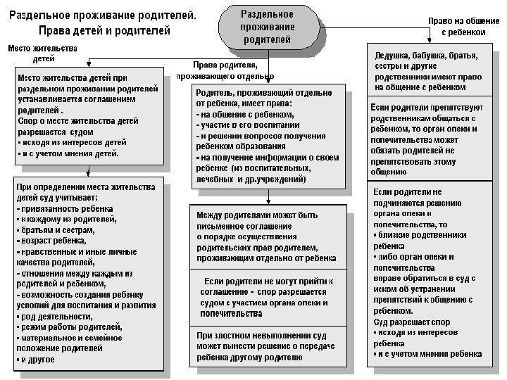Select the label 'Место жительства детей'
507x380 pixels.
pyautogui.click(x=42, y=54)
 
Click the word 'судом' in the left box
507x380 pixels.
pyautogui.click(x=82, y=131)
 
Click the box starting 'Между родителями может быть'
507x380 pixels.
pyautogui.click(x=268, y=236)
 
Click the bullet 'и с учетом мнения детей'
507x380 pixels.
pyautogui.click(x=70, y=153)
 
